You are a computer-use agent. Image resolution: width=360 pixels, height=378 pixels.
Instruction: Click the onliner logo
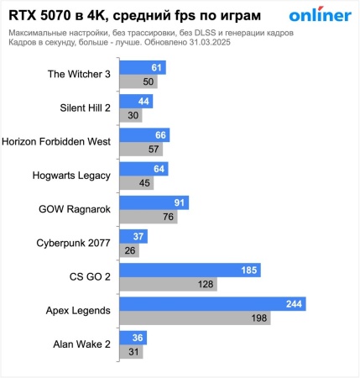[x=320, y=16]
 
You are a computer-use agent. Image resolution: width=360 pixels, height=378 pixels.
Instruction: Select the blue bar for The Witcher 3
[x=143, y=67]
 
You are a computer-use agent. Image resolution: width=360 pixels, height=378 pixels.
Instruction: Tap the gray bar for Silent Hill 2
[x=131, y=115]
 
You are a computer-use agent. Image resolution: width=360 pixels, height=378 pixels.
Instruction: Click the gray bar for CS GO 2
[x=169, y=284]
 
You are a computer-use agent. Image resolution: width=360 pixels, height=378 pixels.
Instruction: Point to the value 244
[x=293, y=304]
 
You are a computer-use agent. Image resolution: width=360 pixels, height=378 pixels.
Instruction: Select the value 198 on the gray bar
[x=258, y=318]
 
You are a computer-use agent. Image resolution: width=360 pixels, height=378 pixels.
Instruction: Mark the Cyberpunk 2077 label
[x=73, y=243]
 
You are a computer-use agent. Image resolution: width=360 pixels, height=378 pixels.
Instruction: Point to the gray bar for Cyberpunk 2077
[x=129, y=250]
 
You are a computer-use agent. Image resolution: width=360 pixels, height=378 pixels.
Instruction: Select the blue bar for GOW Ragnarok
[x=154, y=202]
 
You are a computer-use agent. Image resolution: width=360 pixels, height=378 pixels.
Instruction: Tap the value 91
[x=178, y=202]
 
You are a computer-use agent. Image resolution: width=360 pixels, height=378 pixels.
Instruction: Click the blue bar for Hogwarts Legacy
[x=144, y=169]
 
